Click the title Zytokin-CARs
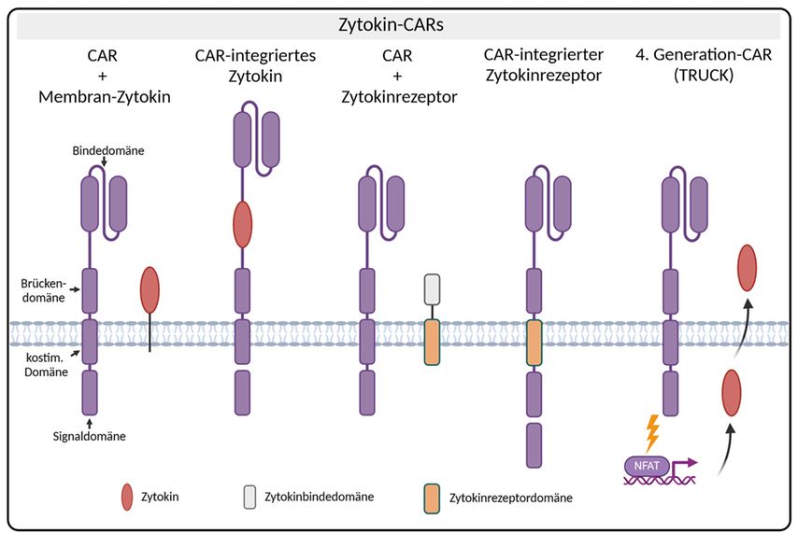[399, 25]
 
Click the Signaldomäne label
[90, 434]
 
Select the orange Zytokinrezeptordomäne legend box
[432, 497]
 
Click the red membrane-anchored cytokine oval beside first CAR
[150, 289]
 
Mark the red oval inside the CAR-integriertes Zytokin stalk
[242, 224]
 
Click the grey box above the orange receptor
[432, 290]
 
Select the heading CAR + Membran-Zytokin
[104, 76]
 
